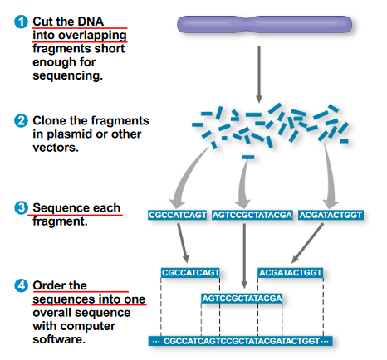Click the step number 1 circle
[21, 22]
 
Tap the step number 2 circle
[21, 121]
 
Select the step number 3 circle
[21, 207]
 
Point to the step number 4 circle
[21, 285]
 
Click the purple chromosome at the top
[264, 25]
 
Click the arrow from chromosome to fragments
[259, 74]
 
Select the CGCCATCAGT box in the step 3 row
[178, 215]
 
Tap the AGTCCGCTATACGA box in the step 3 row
[252, 215]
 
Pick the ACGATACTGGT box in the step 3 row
[331, 215]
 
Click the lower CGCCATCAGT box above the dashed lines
[190, 273]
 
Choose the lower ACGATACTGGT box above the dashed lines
[291, 273]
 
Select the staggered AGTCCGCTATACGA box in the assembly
[242, 299]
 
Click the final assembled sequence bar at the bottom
[240, 341]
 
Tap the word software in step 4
[59, 339]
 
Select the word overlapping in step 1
[92, 36]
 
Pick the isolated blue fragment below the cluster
[247, 158]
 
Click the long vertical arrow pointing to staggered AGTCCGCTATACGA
[244, 255]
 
